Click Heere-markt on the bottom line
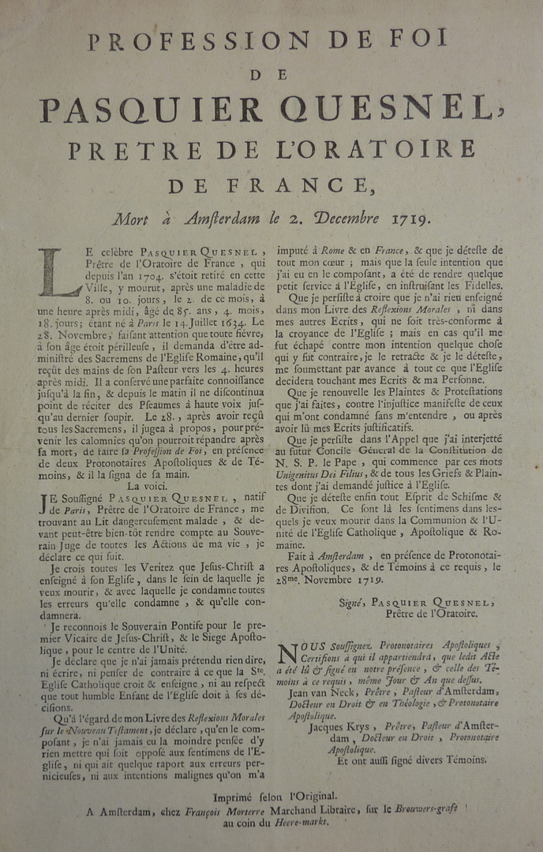[x=300, y=821]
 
